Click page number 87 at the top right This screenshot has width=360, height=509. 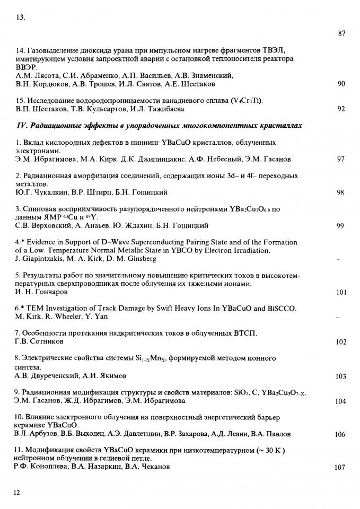pos(341,33)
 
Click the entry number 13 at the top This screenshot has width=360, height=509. pos(21,17)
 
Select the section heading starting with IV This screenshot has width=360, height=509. pos(159,126)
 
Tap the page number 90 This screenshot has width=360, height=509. pos(341,84)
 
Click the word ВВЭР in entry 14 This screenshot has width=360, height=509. pos(26,67)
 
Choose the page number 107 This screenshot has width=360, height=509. pos(340,468)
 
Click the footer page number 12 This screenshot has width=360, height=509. pos(17,493)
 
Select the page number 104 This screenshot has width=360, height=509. pos(340,401)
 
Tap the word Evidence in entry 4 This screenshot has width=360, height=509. pos(41,242)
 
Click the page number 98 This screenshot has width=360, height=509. pos(341,192)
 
